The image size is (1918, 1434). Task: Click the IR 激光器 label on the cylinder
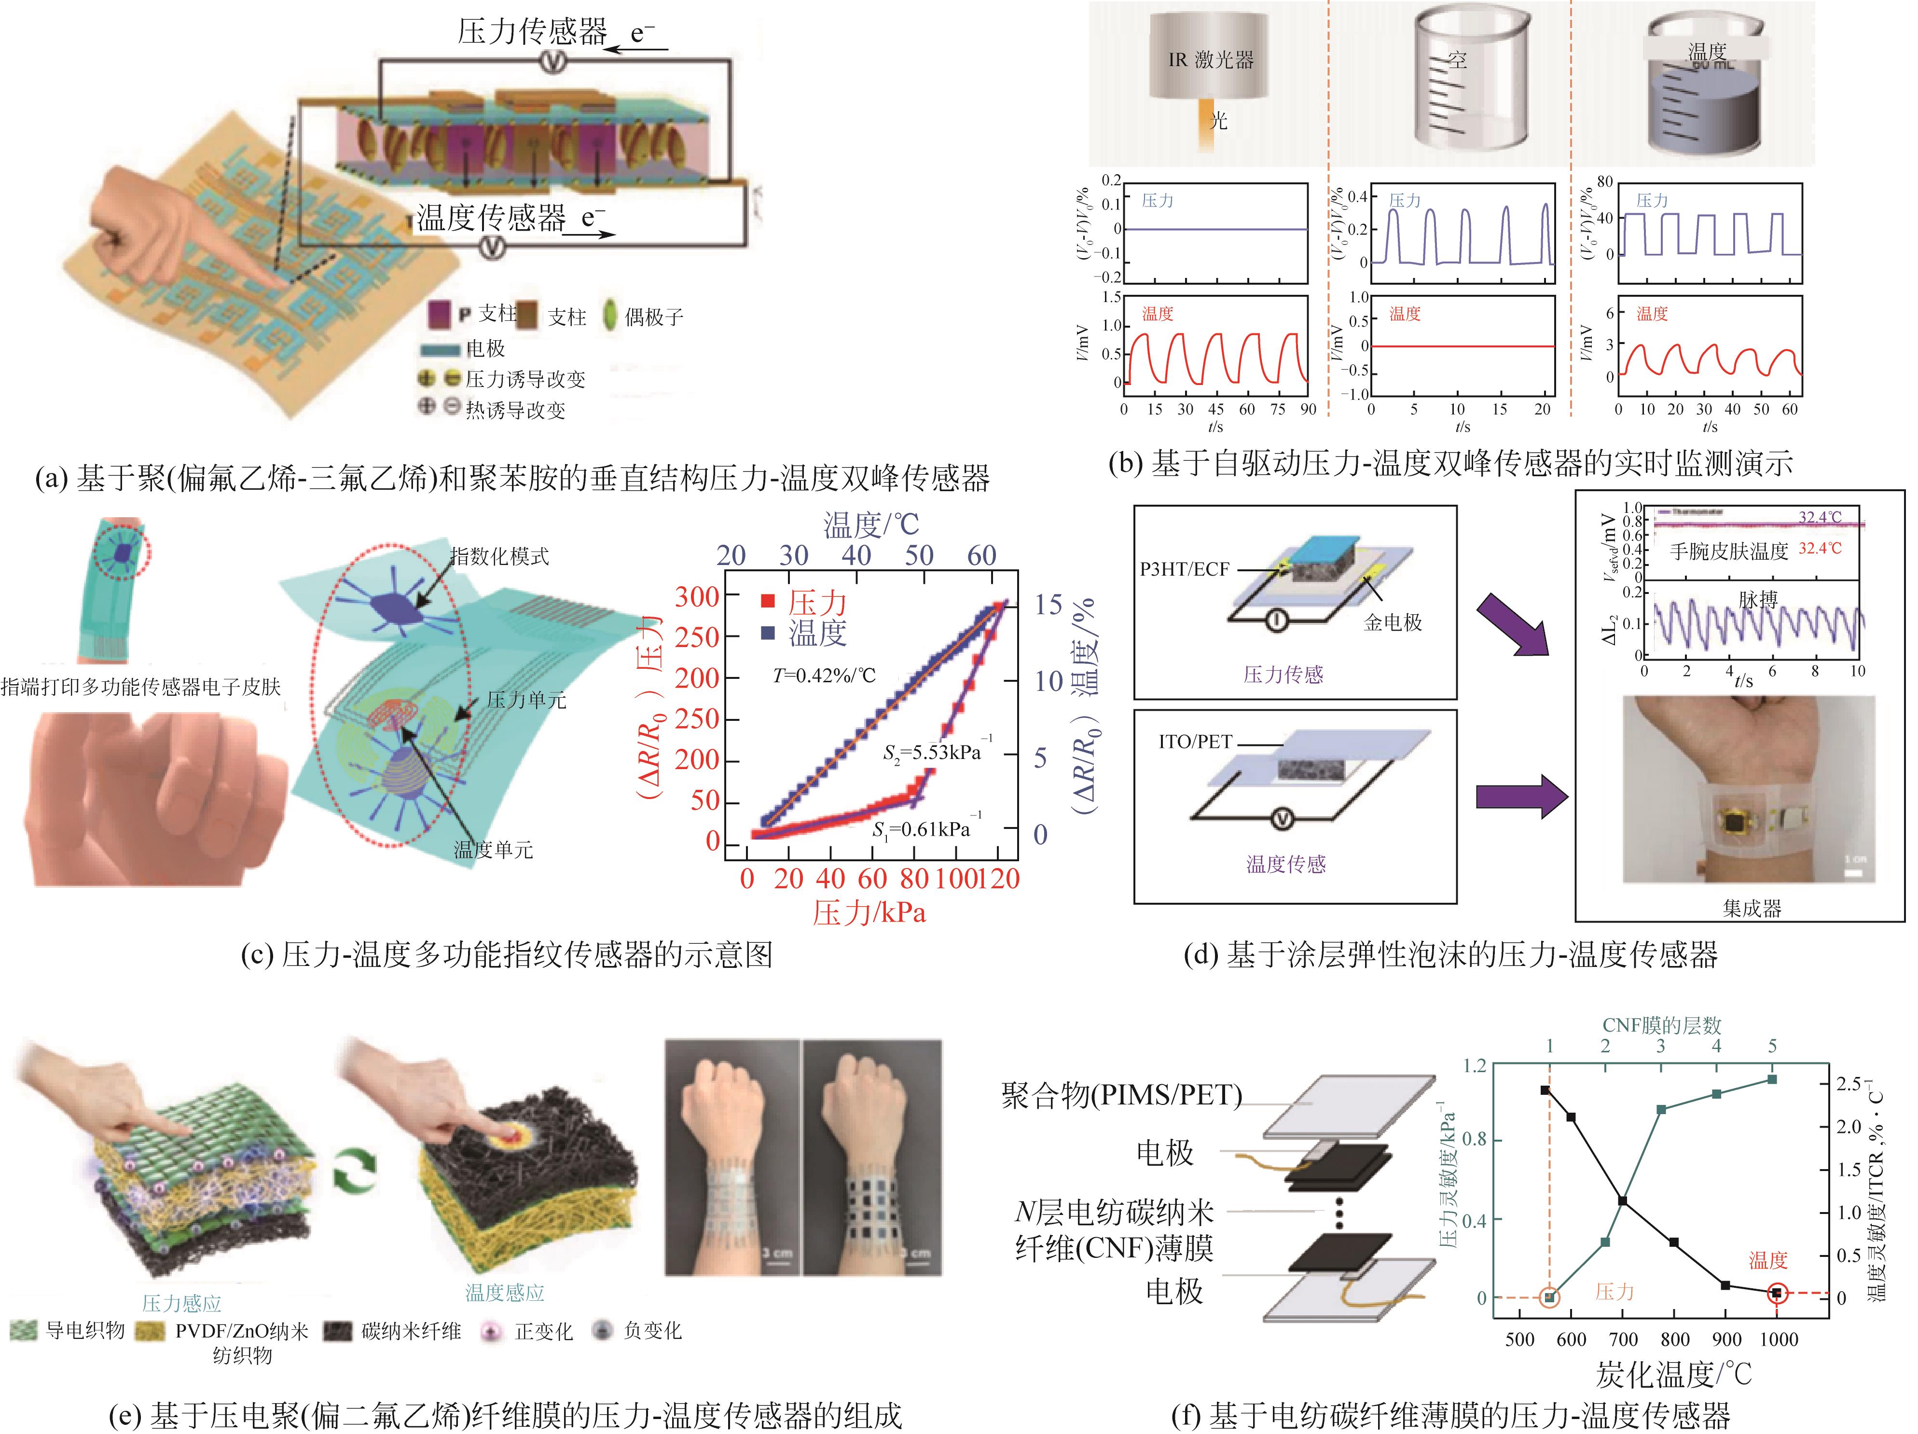coord(1211,60)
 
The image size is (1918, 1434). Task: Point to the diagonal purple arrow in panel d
coord(1513,624)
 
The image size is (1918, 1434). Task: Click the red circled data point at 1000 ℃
coord(1776,1293)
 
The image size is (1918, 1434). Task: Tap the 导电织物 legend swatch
coord(24,1331)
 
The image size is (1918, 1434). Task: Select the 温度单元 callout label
coord(494,850)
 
